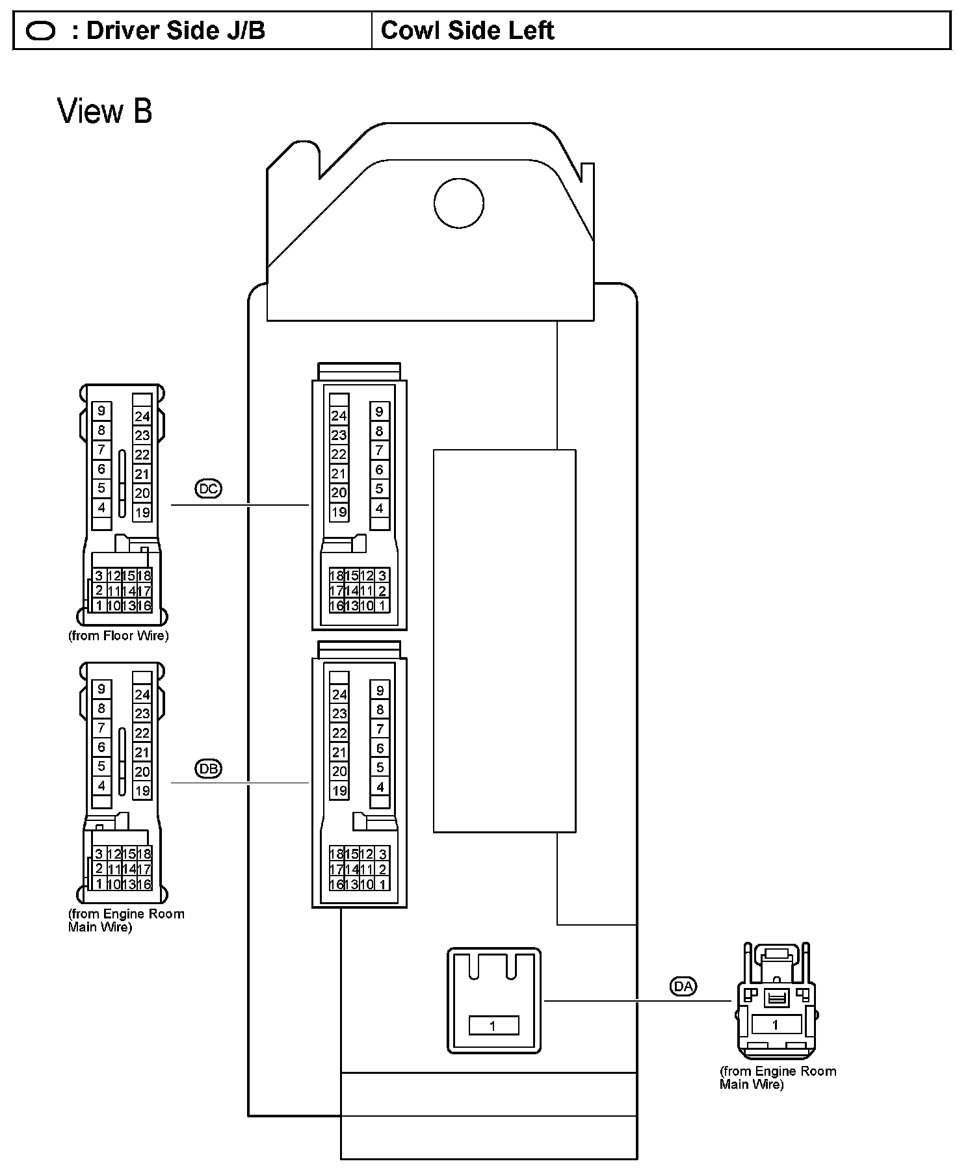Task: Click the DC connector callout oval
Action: coord(208,489)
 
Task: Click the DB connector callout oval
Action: coord(208,768)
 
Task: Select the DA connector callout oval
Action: coord(683,986)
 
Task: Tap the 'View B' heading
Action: coord(105,110)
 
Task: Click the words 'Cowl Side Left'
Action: coord(467,31)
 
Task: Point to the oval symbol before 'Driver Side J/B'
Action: coord(40,31)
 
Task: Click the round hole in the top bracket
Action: coord(459,203)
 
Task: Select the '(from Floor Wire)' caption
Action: coord(118,636)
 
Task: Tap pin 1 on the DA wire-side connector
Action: coord(774,1025)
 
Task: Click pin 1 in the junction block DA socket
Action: coord(493,1026)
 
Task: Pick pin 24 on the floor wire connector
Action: coord(142,417)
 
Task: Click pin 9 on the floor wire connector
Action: coord(101,411)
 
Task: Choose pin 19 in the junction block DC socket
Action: coord(339,512)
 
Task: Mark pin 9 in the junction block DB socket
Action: coord(380,690)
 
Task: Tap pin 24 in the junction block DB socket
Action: coord(339,694)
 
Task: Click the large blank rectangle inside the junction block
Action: coord(504,640)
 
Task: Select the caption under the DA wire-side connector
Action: coord(778,1077)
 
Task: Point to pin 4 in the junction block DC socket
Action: coord(380,508)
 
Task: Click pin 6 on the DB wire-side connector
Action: coord(101,747)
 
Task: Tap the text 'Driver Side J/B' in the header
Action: coord(175,31)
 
